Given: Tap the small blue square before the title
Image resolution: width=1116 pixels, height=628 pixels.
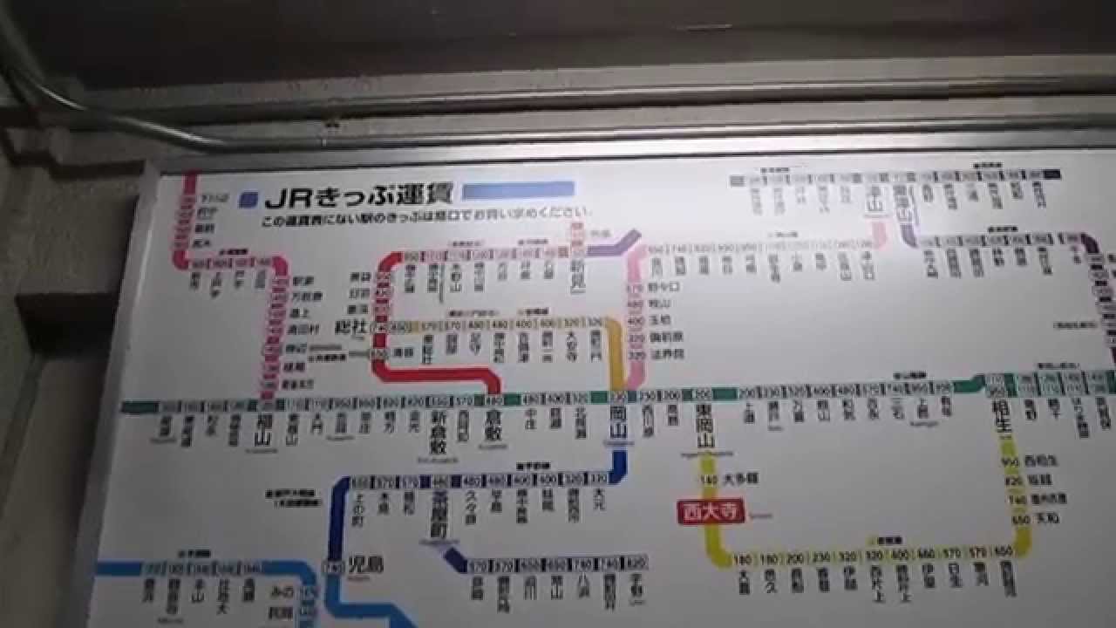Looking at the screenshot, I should pyautogui.click(x=251, y=199).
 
